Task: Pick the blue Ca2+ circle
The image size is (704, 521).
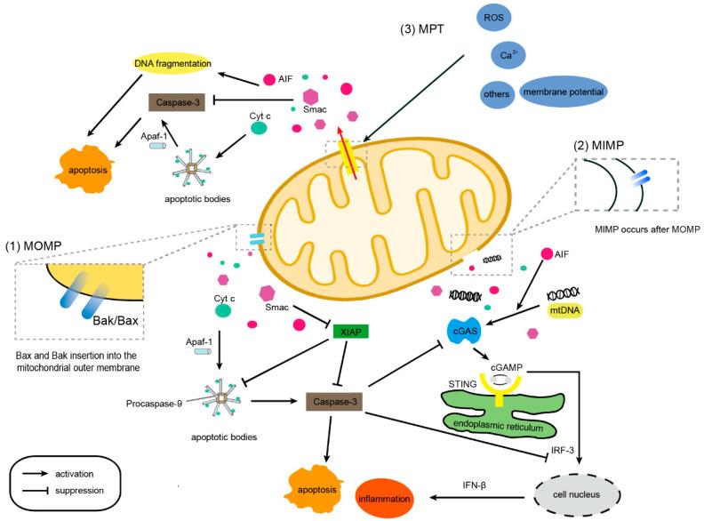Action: coord(509,56)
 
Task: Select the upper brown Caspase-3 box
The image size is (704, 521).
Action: coord(180,103)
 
